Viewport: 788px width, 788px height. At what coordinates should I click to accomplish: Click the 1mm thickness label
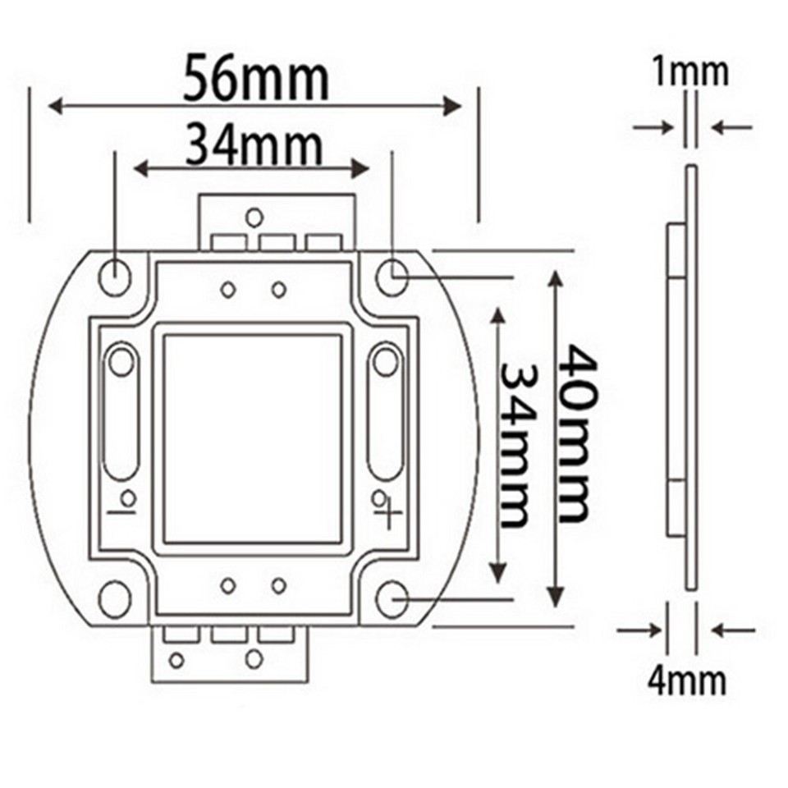click(689, 72)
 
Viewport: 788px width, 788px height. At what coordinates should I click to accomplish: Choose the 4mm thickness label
click(688, 680)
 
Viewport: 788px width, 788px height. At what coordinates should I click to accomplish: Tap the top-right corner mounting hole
click(393, 276)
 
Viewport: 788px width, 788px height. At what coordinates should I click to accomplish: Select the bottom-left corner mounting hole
click(114, 599)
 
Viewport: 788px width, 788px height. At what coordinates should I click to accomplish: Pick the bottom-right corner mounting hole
click(393, 599)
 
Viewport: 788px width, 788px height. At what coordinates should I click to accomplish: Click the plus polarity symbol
click(388, 517)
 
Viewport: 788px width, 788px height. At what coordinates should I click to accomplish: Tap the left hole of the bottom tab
click(176, 659)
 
